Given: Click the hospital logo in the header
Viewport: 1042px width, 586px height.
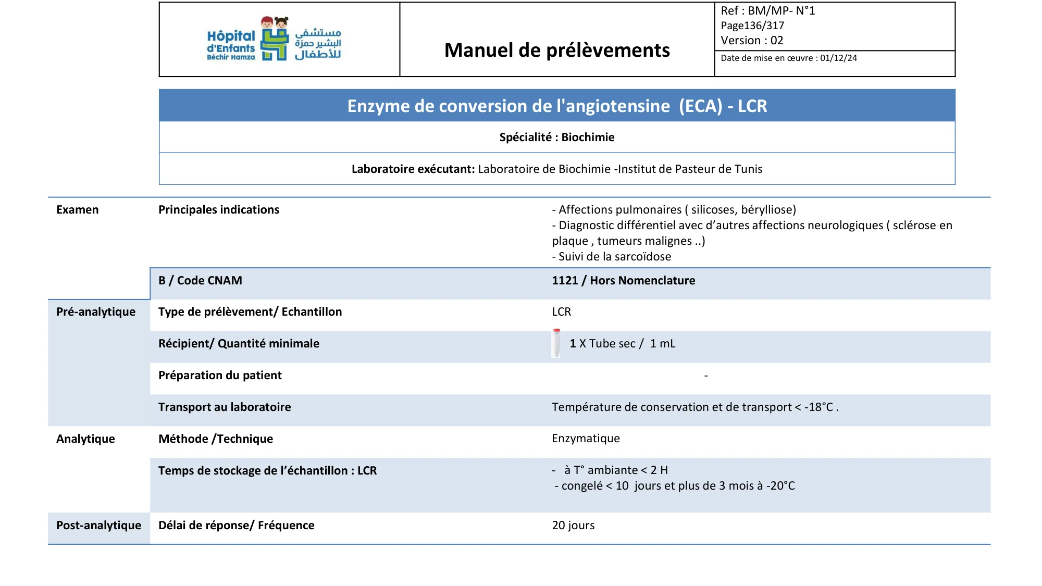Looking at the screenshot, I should [x=274, y=39].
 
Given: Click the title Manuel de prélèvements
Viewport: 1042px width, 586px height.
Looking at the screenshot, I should [x=557, y=51].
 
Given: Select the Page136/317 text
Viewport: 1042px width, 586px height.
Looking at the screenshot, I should [x=752, y=26].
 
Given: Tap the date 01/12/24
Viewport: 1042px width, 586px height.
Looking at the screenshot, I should [x=838, y=58].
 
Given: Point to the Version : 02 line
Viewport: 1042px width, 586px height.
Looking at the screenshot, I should [x=751, y=41].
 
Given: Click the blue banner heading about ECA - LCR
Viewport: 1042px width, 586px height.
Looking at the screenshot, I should [x=557, y=106].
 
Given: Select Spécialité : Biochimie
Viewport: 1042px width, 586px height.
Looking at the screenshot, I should [x=557, y=137].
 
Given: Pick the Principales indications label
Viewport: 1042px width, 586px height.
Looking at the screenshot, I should [x=219, y=209].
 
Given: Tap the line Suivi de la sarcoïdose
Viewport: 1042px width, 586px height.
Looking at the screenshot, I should [x=612, y=256].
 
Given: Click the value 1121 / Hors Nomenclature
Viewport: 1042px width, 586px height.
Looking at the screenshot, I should [x=623, y=280].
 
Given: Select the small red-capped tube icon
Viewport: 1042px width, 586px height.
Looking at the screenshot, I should [x=556, y=343].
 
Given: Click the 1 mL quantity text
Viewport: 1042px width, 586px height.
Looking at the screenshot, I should [x=662, y=344].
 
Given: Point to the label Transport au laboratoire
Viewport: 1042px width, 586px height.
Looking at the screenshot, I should [x=225, y=407].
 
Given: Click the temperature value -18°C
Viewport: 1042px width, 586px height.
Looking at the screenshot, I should [x=818, y=407].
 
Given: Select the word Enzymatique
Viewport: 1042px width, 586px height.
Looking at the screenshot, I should [x=586, y=439].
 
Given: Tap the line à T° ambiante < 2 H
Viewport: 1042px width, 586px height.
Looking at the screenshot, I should [x=615, y=470].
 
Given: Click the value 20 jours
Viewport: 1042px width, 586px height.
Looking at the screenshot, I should [x=573, y=525].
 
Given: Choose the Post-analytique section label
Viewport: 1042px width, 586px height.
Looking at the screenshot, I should [x=98, y=525].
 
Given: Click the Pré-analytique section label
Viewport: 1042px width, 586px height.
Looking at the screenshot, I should [x=96, y=311].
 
